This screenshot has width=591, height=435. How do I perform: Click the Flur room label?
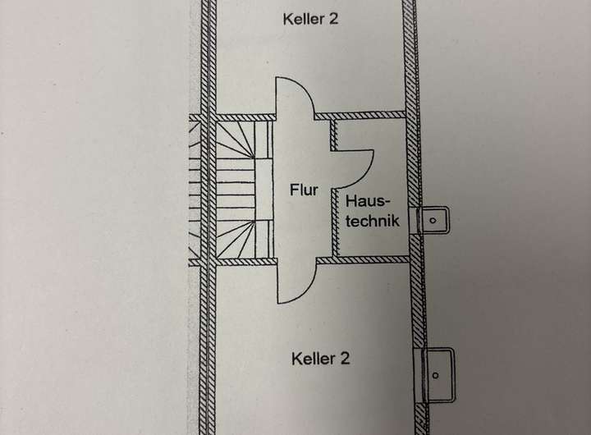pos(304,190)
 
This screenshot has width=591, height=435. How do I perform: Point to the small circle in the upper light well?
pos(433,219)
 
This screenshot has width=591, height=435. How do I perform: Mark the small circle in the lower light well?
pos(437,375)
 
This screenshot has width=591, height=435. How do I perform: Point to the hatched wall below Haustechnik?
pos(361,259)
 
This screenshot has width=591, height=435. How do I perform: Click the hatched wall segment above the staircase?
pos(244,117)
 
